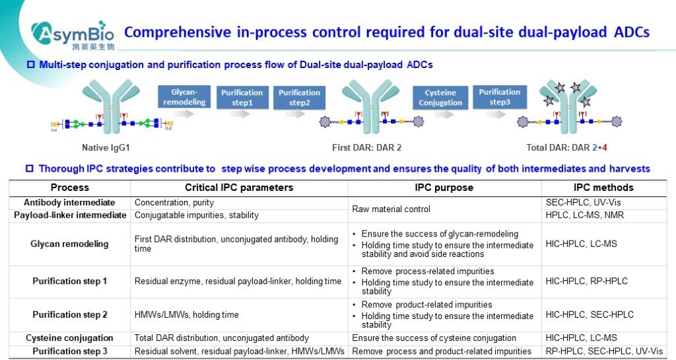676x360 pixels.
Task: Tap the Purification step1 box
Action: click(242, 98)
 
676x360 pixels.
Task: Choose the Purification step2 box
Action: click(299, 98)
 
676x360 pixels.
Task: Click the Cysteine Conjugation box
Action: click(440, 98)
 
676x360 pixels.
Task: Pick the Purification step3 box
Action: click(499, 97)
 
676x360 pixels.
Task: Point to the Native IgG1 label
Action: click(108, 147)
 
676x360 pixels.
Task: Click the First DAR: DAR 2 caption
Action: click(366, 147)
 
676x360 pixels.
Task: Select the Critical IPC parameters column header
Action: click(239, 188)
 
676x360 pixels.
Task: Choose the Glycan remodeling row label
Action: click(69, 244)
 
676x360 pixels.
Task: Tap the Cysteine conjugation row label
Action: click(69, 338)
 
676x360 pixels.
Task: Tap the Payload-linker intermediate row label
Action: click(69, 215)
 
